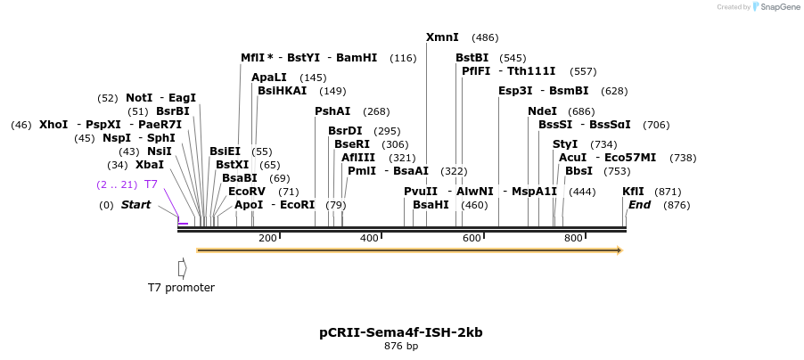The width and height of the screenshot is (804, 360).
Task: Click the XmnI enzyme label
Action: (x=442, y=37)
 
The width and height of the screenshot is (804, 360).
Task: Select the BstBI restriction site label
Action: (x=472, y=58)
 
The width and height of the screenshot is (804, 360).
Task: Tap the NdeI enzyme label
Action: (x=542, y=111)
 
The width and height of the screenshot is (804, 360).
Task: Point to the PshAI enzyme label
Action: (x=332, y=111)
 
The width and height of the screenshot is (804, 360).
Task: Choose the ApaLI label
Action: (x=269, y=78)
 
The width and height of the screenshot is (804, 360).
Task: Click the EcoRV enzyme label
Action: (x=247, y=192)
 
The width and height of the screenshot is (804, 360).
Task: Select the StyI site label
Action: (x=565, y=144)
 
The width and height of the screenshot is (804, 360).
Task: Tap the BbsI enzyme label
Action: (x=578, y=171)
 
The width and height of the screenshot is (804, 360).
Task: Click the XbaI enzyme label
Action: (x=150, y=165)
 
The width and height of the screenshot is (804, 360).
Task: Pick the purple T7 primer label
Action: (x=151, y=184)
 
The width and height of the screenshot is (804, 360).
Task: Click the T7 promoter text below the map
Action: (x=181, y=287)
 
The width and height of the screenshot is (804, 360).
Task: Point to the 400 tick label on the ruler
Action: (x=369, y=238)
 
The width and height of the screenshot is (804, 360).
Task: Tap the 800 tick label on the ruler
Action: (x=573, y=238)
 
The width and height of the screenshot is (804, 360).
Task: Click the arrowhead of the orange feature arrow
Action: (x=618, y=250)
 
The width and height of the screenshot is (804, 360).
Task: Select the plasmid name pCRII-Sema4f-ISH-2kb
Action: (x=401, y=332)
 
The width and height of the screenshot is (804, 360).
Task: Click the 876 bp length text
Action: (x=401, y=346)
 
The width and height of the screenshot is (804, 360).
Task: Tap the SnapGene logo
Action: (x=773, y=7)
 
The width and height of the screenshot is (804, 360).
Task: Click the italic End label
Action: (x=639, y=205)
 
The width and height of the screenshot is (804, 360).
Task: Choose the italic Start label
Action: (x=135, y=205)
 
